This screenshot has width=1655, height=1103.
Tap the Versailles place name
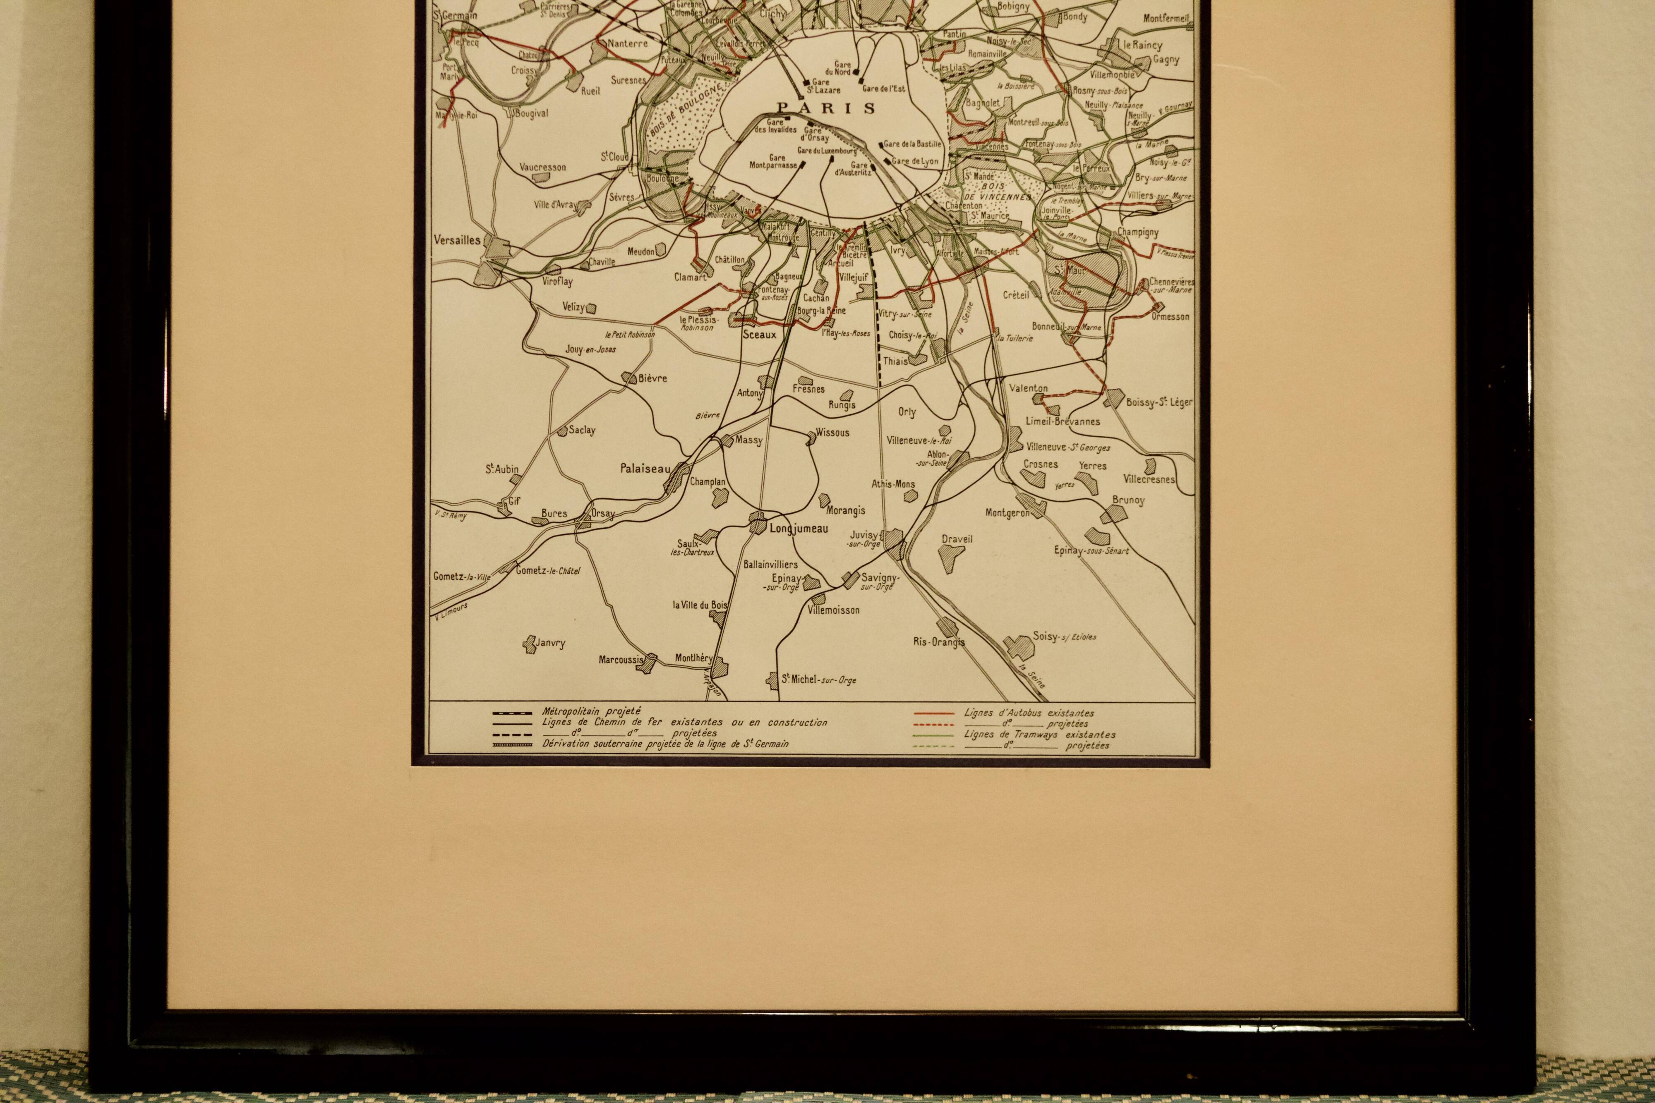[x=457, y=240]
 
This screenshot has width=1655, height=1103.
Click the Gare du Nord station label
[x=842, y=67]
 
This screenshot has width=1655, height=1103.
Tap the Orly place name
[x=907, y=412]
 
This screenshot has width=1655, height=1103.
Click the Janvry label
[x=549, y=643]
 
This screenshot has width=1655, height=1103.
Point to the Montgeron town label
[x=1007, y=513]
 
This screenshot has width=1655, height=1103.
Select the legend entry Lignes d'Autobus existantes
[x=1029, y=713]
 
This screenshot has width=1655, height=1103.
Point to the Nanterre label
[x=627, y=43]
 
